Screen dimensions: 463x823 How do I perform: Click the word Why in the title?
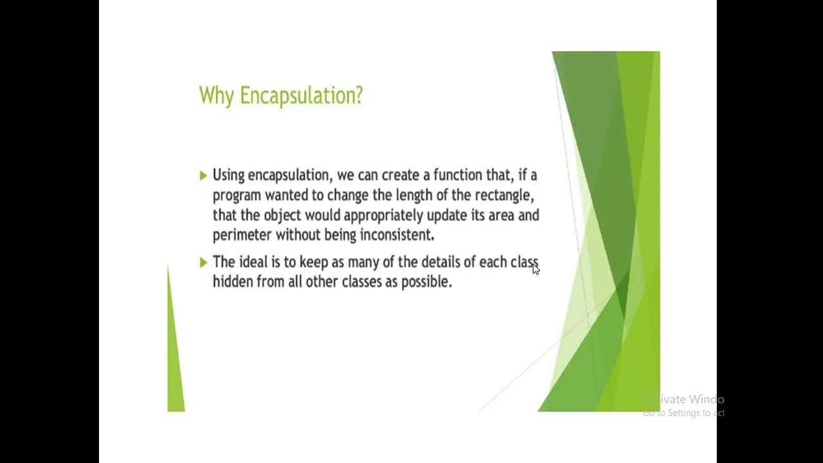pyautogui.click(x=217, y=96)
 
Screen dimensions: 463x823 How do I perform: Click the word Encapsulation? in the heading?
pyautogui.click(x=301, y=96)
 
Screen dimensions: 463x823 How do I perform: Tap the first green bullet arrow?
pyautogui.click(x=203, y=175)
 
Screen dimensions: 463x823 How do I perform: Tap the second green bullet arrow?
pyautogui.click(x=203, y=262)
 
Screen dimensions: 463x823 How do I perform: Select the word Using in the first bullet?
pyautogui.click(x=229, y=176)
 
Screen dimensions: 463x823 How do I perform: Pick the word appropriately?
pyautogui.click(x=382, y=215)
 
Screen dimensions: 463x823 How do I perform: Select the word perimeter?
pyautogui.click(x=242, y=235)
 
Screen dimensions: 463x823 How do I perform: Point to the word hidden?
pyautogui.click(x=233, y=282)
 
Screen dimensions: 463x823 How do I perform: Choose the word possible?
pyautogui.click(x=426, y=282)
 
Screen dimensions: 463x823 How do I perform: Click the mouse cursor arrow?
pyautogui.click(x=536, y=269)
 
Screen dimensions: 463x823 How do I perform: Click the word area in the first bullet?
pyautogui.click(x=502, y=215)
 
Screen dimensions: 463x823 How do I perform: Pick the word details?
pyautogui.click(x=443, y=262)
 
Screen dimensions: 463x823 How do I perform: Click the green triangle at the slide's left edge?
pyautogui.click(x=174, y=360)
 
